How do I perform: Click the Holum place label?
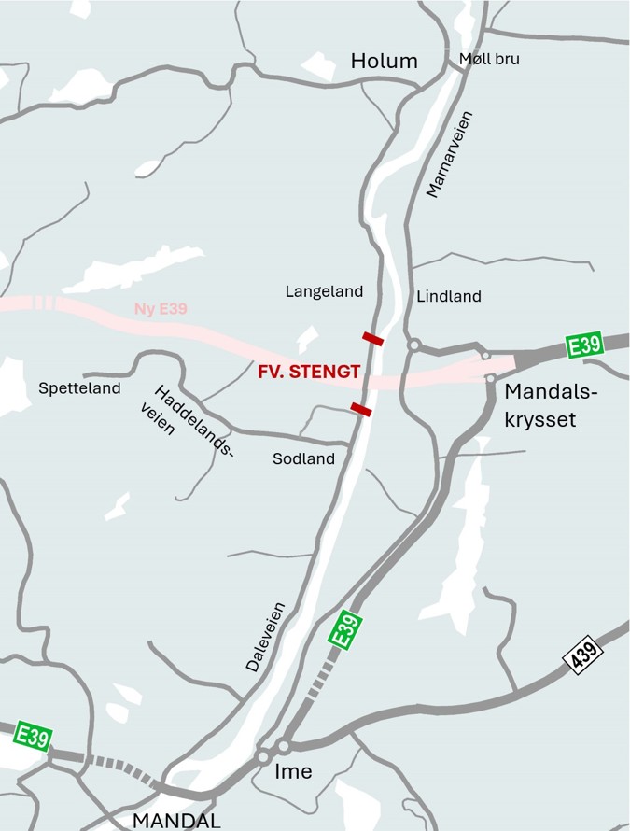(384, 62)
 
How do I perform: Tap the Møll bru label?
(489, 59)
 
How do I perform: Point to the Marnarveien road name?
(450, 154)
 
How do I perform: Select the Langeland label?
(324, 292)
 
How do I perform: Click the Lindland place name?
(449, 296)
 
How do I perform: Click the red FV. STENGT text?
(308, 372)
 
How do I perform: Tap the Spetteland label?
(79, 388)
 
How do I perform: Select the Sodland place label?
(303, 458)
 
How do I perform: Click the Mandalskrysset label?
(550, 405)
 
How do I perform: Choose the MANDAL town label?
(176, 821)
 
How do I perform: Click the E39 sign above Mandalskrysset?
(585, 345)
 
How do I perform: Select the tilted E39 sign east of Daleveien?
(345, 631)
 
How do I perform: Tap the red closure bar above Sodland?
(360, 408)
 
